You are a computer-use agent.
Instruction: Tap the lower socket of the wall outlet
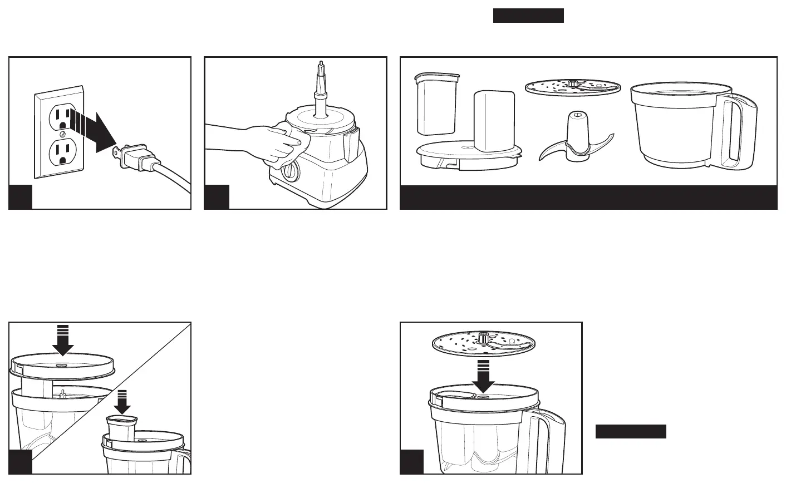click(x=62, y=152)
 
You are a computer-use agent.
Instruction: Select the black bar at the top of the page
click(x=528, y=16)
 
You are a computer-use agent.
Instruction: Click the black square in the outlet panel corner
click(x=21, y=197)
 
